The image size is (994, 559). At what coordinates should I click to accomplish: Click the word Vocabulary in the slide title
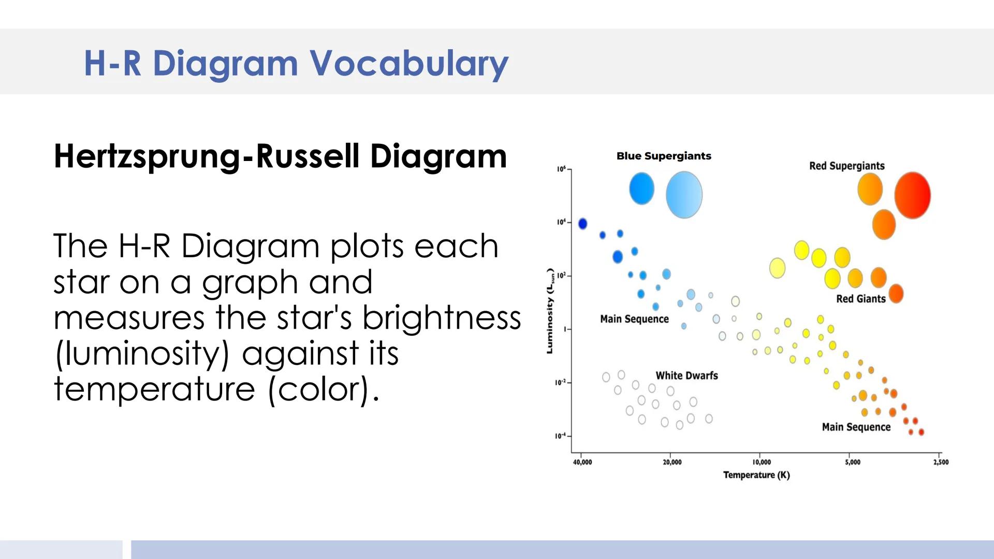(409, 64)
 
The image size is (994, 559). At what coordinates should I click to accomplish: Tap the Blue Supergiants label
(664, 156)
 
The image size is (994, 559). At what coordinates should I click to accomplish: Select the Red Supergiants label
(847, 166)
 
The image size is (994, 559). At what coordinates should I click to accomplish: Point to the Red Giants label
(861, 299)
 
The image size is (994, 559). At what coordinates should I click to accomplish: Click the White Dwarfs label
(686, 375)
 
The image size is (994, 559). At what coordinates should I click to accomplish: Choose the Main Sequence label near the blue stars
(634, 319)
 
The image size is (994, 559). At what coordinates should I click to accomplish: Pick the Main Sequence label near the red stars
(856, 427)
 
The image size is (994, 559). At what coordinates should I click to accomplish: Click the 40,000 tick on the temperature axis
(582, 462)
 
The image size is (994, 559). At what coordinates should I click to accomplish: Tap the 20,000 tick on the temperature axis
(672, 462)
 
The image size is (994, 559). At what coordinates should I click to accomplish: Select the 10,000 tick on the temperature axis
(762, 462)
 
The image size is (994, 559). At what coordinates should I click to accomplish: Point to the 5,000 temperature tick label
(853, 462)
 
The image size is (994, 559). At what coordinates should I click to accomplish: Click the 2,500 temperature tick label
(941, 462)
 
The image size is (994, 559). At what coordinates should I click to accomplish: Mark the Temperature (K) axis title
(756, 475)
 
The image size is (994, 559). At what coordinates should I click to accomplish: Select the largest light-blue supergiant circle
(684, 195)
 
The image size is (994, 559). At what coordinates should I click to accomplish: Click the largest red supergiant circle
(912, 195)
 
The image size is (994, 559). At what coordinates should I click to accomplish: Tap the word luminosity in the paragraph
(142, 354)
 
